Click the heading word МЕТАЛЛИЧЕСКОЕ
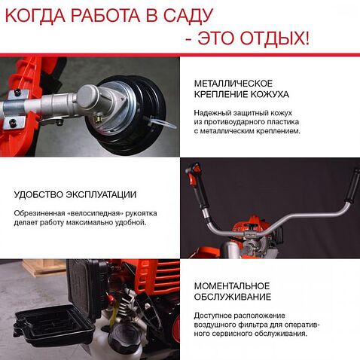pos(233,83)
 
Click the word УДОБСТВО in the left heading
pos(38,195)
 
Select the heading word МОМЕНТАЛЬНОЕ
pos(232,285)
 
